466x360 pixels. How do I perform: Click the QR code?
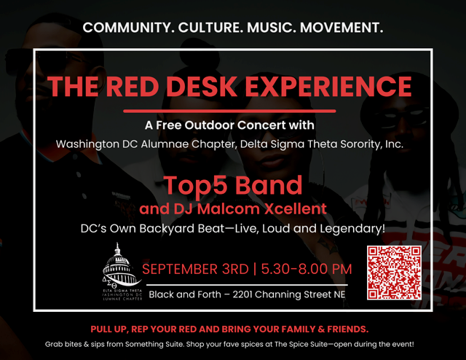394,273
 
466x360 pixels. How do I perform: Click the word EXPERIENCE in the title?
328,86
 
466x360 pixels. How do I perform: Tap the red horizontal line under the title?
229,111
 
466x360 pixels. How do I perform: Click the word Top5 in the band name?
195,186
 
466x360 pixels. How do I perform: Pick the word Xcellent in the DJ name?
296,209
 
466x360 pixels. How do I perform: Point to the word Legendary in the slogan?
352,229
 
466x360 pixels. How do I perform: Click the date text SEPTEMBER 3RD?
195,269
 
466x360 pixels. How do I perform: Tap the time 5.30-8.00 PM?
307,269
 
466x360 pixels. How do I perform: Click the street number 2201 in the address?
242,294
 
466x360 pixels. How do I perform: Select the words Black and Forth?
185,294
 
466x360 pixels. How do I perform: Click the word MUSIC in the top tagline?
271,28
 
